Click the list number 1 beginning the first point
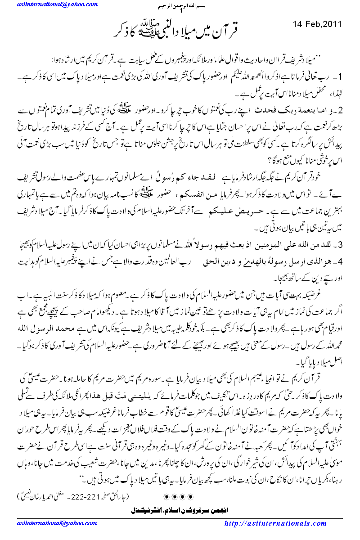(x=342, y=74)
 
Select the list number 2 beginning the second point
(x=342, y=110)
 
